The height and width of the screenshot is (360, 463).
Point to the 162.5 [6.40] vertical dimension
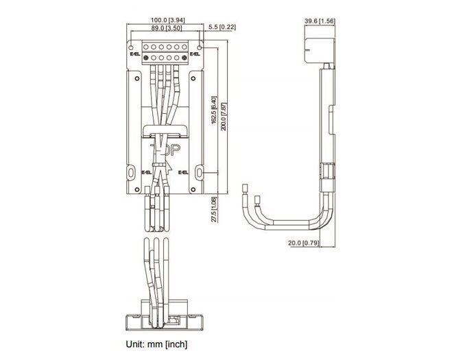tap(214, 110)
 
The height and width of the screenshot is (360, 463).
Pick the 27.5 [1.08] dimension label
tap(214, 210)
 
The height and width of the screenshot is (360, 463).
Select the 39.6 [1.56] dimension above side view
tap(319, 21)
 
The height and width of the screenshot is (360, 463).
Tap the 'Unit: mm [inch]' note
tap(156, 344)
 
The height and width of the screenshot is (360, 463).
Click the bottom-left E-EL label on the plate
tap(146, 173)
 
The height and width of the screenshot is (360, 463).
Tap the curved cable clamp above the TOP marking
tap(165, 130)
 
